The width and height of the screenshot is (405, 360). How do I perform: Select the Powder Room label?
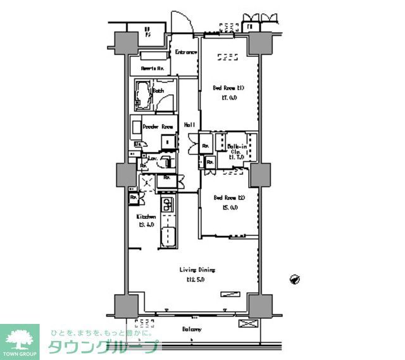(x=158, y=127)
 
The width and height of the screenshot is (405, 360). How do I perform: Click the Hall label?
(x=189, y=125)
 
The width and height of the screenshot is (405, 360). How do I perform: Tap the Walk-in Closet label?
(x=237, y=151)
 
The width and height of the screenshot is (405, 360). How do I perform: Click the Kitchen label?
(x=147, y=216)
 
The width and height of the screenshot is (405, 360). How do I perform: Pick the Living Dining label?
(x=194, y=270)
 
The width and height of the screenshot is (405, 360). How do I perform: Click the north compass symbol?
(x=294, y=278)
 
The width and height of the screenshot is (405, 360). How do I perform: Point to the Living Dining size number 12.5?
(x=195, y=279)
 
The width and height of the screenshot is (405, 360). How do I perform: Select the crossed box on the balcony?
(x=247, y=323)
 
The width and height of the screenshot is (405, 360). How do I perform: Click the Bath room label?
(x=158, y=91)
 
